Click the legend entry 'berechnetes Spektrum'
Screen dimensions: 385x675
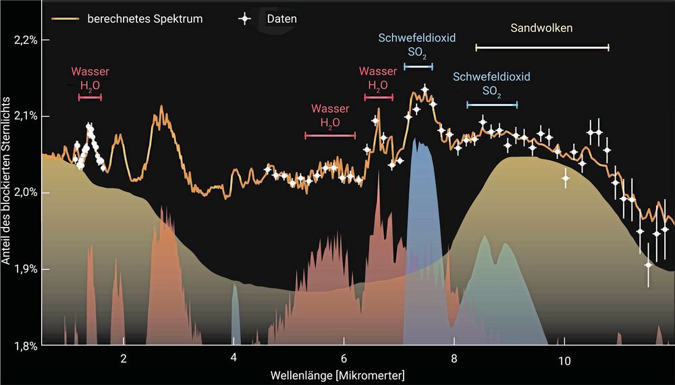(x=144, y=19)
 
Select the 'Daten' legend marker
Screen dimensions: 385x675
(x=245, y=19)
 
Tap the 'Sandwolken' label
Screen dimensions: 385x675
(x=541, y=28)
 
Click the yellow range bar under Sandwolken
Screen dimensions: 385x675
(x=542, y=47)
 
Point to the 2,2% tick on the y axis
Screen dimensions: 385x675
(x=25, y=40)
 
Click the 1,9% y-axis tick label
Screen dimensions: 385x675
(x=25, y=269)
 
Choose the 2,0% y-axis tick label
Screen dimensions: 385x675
(x=25, y=193)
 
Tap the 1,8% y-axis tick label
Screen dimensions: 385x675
(x=25, y=346)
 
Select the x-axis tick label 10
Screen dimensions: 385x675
(x=564, y=359)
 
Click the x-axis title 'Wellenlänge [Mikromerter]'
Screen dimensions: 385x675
(x=337, y=374)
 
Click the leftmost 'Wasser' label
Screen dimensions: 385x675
(x=90, y=72)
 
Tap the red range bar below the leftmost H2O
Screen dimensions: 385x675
(x=90, y=98)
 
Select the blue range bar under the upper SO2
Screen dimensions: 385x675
(x=418, y=66)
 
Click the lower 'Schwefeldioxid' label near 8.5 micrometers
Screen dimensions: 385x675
(x=491, y=76)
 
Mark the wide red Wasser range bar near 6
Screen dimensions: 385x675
(x=330, y=136)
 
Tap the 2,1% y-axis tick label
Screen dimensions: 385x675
(x=25, y=116)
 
